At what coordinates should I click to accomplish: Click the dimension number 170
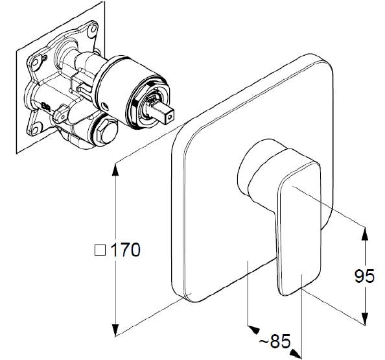click(x=126, y=250)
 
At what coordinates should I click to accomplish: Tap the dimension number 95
click(x=364, y=276)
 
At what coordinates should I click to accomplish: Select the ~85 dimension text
click(x=275, y=341)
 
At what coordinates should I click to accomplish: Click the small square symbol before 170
click(x=100, y=250)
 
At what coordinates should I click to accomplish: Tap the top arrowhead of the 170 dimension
click(x=115, y=169)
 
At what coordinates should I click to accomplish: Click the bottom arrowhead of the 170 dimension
click(x=115, y=330)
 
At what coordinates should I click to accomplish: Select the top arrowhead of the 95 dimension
click(x=366, y=234)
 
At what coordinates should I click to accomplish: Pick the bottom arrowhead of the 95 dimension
click(x=366, y=319)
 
